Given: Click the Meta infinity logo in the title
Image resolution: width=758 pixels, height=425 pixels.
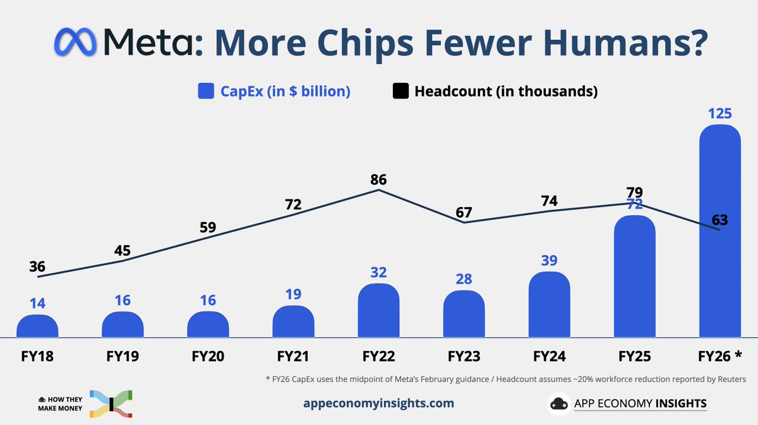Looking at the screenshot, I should coord(75,43).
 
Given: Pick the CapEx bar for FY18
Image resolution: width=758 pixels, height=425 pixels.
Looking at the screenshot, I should coord(37,326).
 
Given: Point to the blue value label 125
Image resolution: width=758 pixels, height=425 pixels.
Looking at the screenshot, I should coord(719,114).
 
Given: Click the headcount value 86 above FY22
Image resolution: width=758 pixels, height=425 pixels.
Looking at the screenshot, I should coord(378,179).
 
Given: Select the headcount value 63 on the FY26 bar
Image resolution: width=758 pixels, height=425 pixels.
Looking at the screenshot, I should coord(719,220).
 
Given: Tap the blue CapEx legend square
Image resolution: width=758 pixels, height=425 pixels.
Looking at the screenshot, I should coord(206,92).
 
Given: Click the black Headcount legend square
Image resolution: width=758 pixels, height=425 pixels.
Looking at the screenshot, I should coord(400,92).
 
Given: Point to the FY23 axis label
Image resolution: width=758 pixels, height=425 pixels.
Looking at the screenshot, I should coord(464,356).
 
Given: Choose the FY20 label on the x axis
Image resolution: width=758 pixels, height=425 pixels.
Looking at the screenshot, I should coord(208,356).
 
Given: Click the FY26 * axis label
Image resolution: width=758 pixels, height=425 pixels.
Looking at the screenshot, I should coord(719,356).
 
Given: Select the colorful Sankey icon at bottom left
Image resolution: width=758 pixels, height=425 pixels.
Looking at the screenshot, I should coord(111,404).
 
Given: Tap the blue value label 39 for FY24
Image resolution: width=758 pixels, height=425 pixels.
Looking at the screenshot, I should coord(549,261).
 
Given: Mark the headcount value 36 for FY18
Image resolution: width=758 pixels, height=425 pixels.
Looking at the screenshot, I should coord(37,266).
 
